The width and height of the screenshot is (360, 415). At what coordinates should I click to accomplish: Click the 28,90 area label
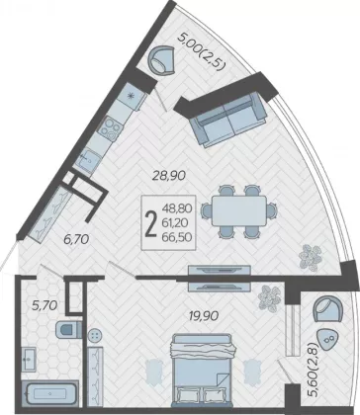(169, 175)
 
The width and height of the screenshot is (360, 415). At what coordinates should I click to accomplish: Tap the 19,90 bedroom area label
(204, 316)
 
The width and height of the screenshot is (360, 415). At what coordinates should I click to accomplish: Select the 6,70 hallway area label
(76, 239)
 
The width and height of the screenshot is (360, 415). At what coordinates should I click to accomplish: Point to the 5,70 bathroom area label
(45, 306)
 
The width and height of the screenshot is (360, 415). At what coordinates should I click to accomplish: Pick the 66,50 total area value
(177, 237)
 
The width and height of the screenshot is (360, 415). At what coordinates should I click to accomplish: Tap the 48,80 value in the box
(177, 208)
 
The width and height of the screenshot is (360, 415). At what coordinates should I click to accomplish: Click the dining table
(239, 211)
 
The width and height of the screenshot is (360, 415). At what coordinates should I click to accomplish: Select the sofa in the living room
(227, 121)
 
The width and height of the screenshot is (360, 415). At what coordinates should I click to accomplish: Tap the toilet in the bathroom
(68, 330)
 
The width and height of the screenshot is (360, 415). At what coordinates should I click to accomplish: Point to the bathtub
(50, 394)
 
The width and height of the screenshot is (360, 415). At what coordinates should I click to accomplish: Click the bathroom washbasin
(29, 359)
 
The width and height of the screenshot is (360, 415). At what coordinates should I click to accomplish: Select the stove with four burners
(111, 128)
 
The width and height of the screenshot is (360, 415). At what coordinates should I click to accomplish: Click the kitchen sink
(87, 160)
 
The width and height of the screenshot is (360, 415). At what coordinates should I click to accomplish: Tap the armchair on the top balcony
(161, 60)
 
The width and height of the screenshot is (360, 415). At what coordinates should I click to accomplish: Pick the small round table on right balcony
(327, 341)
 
